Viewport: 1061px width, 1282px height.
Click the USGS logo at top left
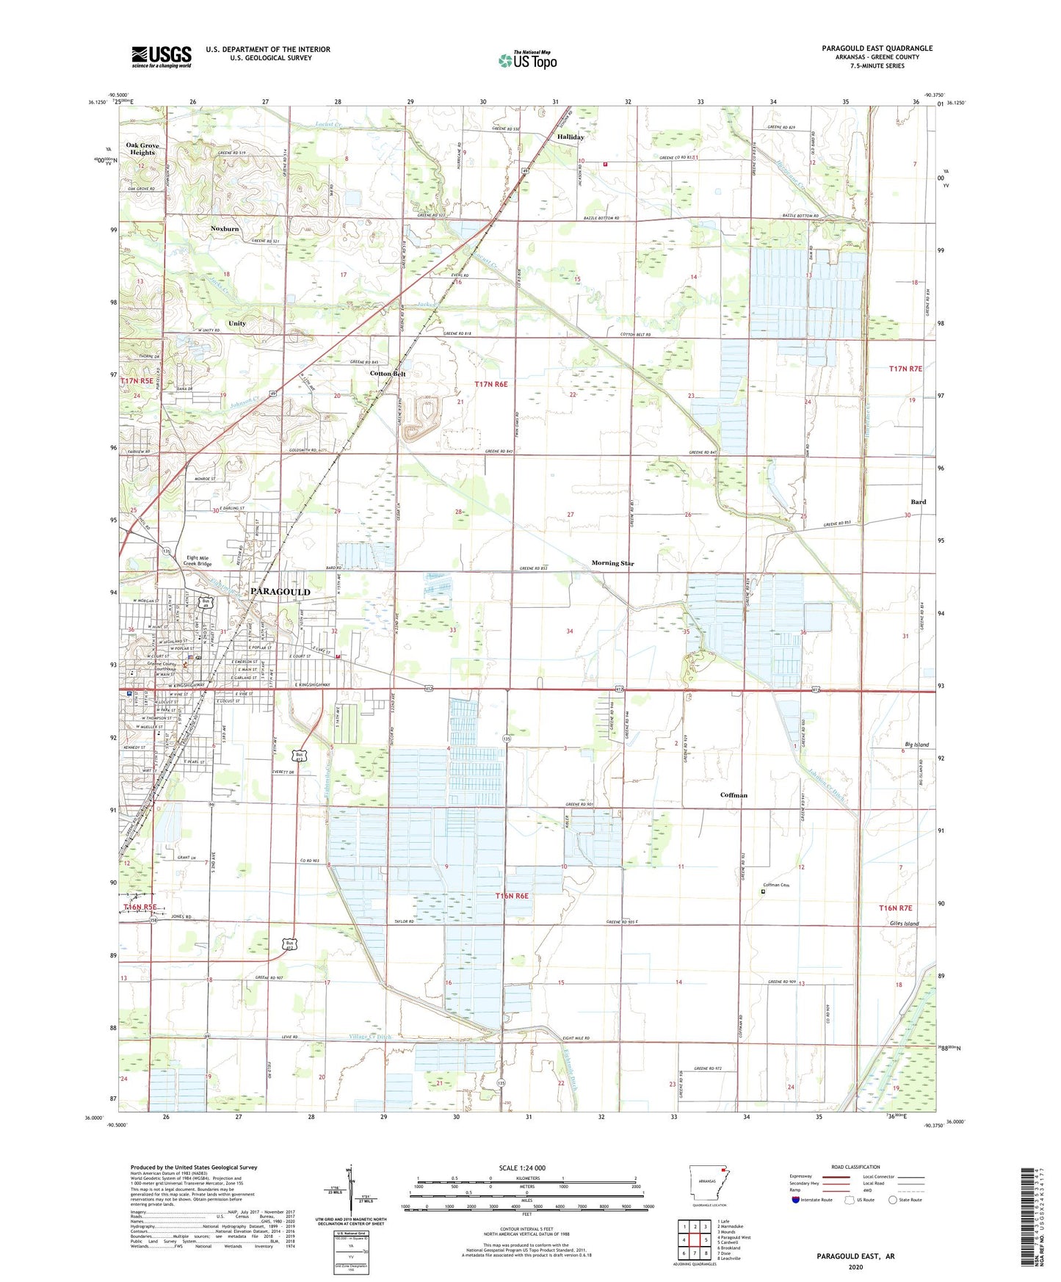(x=162, y=57)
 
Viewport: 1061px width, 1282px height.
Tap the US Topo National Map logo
(x=527, y=59)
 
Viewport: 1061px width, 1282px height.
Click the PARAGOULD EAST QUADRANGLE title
(x=877, y=48)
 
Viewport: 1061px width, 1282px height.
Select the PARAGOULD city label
(x=280, y=591)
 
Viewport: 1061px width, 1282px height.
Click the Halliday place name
(x=571, y=137)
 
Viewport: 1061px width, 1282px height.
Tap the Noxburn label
(x=225, y=229)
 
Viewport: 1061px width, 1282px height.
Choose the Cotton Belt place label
(x=388, y=374)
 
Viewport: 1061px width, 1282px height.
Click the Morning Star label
(x=612, y=563)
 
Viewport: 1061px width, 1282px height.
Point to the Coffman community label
(x=734, y=795)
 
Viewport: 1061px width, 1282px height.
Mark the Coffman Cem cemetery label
(x=781, y=885)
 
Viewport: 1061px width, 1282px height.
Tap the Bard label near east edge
(x=918, y=502)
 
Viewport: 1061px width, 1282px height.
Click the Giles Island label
(x=904, y=924)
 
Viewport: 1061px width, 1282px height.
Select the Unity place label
(x=237, y=323)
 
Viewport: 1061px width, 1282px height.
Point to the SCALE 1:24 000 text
(x=522, y=1168)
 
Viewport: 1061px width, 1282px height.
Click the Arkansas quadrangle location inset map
(x=708, y=1184)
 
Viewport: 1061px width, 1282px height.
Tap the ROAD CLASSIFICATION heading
(x=855, y=1167)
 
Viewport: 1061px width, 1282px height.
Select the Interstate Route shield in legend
(x=797, y=1200)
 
